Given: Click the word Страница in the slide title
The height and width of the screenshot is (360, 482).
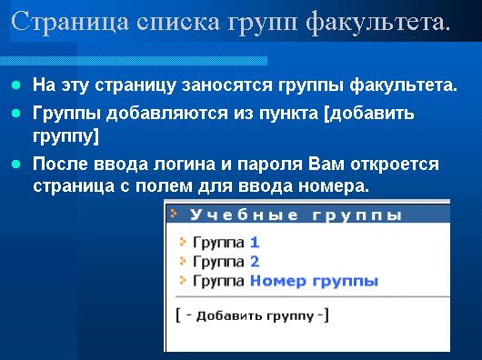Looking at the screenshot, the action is click(70, 22).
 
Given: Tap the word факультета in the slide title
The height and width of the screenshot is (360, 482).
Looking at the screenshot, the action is click(378, 22).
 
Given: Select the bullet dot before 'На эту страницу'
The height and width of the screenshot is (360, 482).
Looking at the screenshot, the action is click(16, 85).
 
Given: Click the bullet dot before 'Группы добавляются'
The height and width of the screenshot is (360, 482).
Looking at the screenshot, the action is click(16, 114).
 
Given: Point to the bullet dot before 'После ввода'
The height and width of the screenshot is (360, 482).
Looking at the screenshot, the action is click(16, 165).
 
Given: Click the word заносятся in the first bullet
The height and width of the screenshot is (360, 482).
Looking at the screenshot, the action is click(226, 85).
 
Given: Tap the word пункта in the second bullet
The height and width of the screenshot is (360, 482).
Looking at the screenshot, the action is click(288, 114).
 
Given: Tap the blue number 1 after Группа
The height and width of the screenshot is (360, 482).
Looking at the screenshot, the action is click(255, 243).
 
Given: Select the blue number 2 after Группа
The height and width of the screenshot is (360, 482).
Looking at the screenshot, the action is click(255, 262).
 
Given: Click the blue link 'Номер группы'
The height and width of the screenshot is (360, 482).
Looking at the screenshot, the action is click(314, 282).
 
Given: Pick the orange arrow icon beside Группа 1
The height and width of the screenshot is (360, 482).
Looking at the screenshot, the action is click(183, 242).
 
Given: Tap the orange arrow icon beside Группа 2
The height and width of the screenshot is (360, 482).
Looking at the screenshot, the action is click(183, 261).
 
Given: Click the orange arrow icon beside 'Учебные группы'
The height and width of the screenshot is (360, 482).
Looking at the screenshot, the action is click(174, 213).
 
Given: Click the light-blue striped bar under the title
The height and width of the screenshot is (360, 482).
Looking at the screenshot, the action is click(134, 61).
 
